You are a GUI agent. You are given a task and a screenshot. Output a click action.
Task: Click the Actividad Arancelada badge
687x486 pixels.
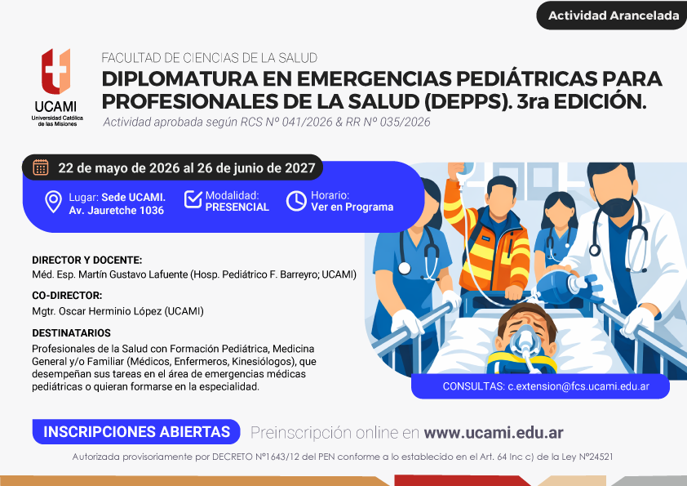pyautogui.click(x=612, y=16)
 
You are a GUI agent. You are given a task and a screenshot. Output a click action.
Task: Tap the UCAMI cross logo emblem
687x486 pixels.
pyautogui.click(x=55, y=71)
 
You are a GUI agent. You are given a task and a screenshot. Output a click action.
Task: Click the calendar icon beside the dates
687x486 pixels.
pyautogui.click(x=41, y=167)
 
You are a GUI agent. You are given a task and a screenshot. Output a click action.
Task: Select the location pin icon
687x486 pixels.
pyautogui.click(x=54, y=202)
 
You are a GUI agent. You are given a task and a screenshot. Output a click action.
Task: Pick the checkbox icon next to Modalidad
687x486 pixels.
pyautogui.click(x=193, y=199)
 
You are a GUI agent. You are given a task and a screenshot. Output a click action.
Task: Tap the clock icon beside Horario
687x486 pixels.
pyautogui.click(x=297, y=201)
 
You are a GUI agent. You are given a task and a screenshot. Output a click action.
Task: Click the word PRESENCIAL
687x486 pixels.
pyautogui.click(x=237, y=207)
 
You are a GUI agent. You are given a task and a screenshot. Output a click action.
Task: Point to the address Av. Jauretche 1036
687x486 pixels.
pyautogui.click(x=116, y=211)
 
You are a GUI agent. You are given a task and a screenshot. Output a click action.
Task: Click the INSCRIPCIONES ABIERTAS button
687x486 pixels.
pyautogui.click(x=136, y=431)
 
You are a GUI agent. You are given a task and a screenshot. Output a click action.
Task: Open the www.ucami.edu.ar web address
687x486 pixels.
pyautogui.click(x=494, y=433)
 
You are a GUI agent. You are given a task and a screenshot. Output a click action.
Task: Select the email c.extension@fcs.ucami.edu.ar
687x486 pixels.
pyautogui.click(x=578, y=386)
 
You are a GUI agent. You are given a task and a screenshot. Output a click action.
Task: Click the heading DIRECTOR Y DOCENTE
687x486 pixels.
pyautogui.click(x=86, y=260)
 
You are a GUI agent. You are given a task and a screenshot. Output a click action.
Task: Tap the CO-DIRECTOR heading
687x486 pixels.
pyautogui.click(x=67, y=296)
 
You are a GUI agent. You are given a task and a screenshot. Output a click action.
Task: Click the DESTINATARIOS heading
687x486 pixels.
pyautogui.click(x=72, y=333)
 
